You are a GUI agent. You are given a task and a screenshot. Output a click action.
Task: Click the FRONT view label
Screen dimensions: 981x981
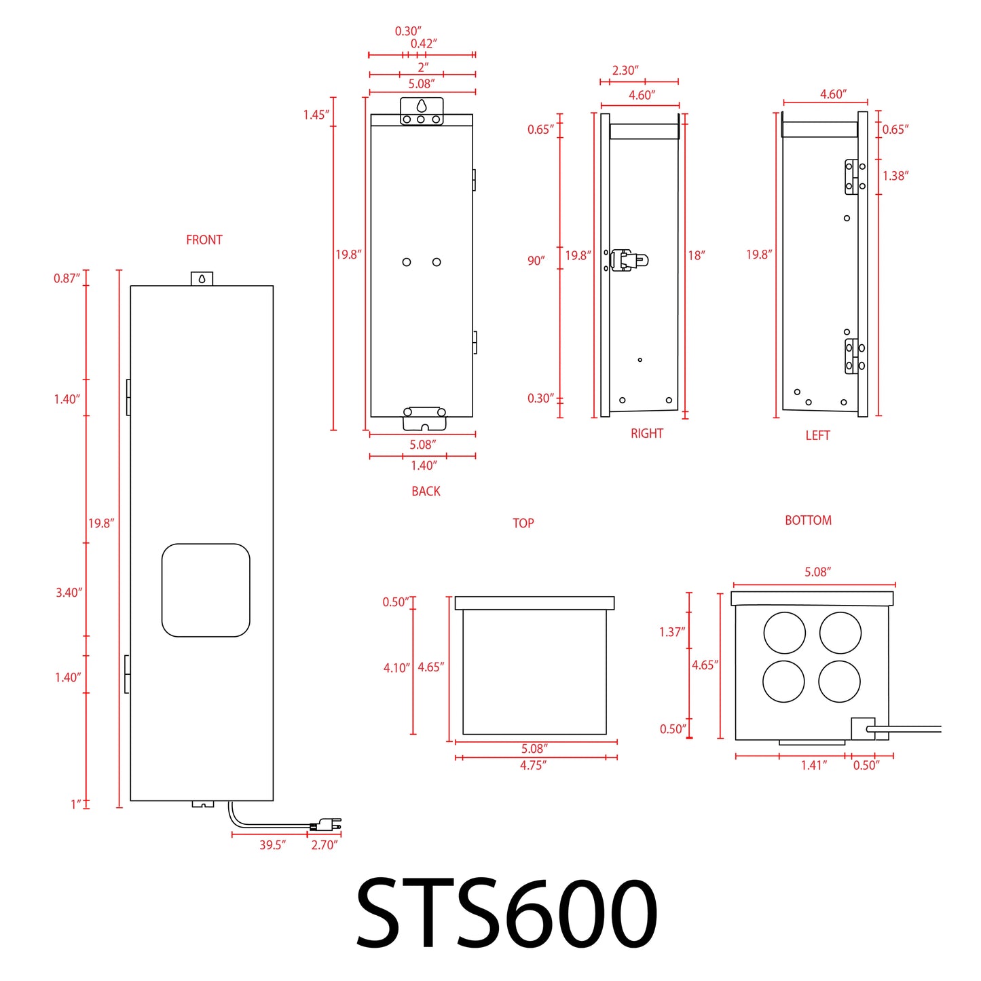[204, 240]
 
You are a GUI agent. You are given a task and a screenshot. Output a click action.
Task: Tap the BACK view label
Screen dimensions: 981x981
[426, 491]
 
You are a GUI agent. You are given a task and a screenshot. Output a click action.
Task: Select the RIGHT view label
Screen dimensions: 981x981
[646, 433]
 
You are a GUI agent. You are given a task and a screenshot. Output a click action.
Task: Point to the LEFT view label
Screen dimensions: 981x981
[817, 435]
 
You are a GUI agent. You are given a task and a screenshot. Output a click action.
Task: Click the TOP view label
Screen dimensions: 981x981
[523, 523]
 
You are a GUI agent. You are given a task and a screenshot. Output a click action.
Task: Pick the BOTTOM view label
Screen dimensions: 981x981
[808, 520]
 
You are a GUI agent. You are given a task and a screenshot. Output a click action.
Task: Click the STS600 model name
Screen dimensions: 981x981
[506, 912]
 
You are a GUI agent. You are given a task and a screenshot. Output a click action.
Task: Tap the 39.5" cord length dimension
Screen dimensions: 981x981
[272, 845]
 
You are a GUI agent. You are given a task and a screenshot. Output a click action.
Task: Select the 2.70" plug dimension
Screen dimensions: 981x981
[324, 845]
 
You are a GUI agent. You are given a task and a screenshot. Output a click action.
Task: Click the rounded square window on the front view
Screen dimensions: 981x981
[206, 590]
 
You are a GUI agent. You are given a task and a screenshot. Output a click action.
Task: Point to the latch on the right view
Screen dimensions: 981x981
[629, 260]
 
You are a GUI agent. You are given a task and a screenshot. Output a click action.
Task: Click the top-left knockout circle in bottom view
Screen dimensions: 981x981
[784, 633]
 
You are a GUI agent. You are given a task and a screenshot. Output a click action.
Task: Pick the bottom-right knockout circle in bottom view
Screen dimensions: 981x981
[839, 681]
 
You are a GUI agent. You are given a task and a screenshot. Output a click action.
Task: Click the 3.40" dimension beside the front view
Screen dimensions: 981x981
[69, 593]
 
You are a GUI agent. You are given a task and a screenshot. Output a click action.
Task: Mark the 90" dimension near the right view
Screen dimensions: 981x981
[536, 261]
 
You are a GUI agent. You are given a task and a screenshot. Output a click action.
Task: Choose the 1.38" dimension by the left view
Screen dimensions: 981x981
[895, 176]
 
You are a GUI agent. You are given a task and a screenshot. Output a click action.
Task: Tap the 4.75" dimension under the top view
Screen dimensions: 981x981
[533, 765]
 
